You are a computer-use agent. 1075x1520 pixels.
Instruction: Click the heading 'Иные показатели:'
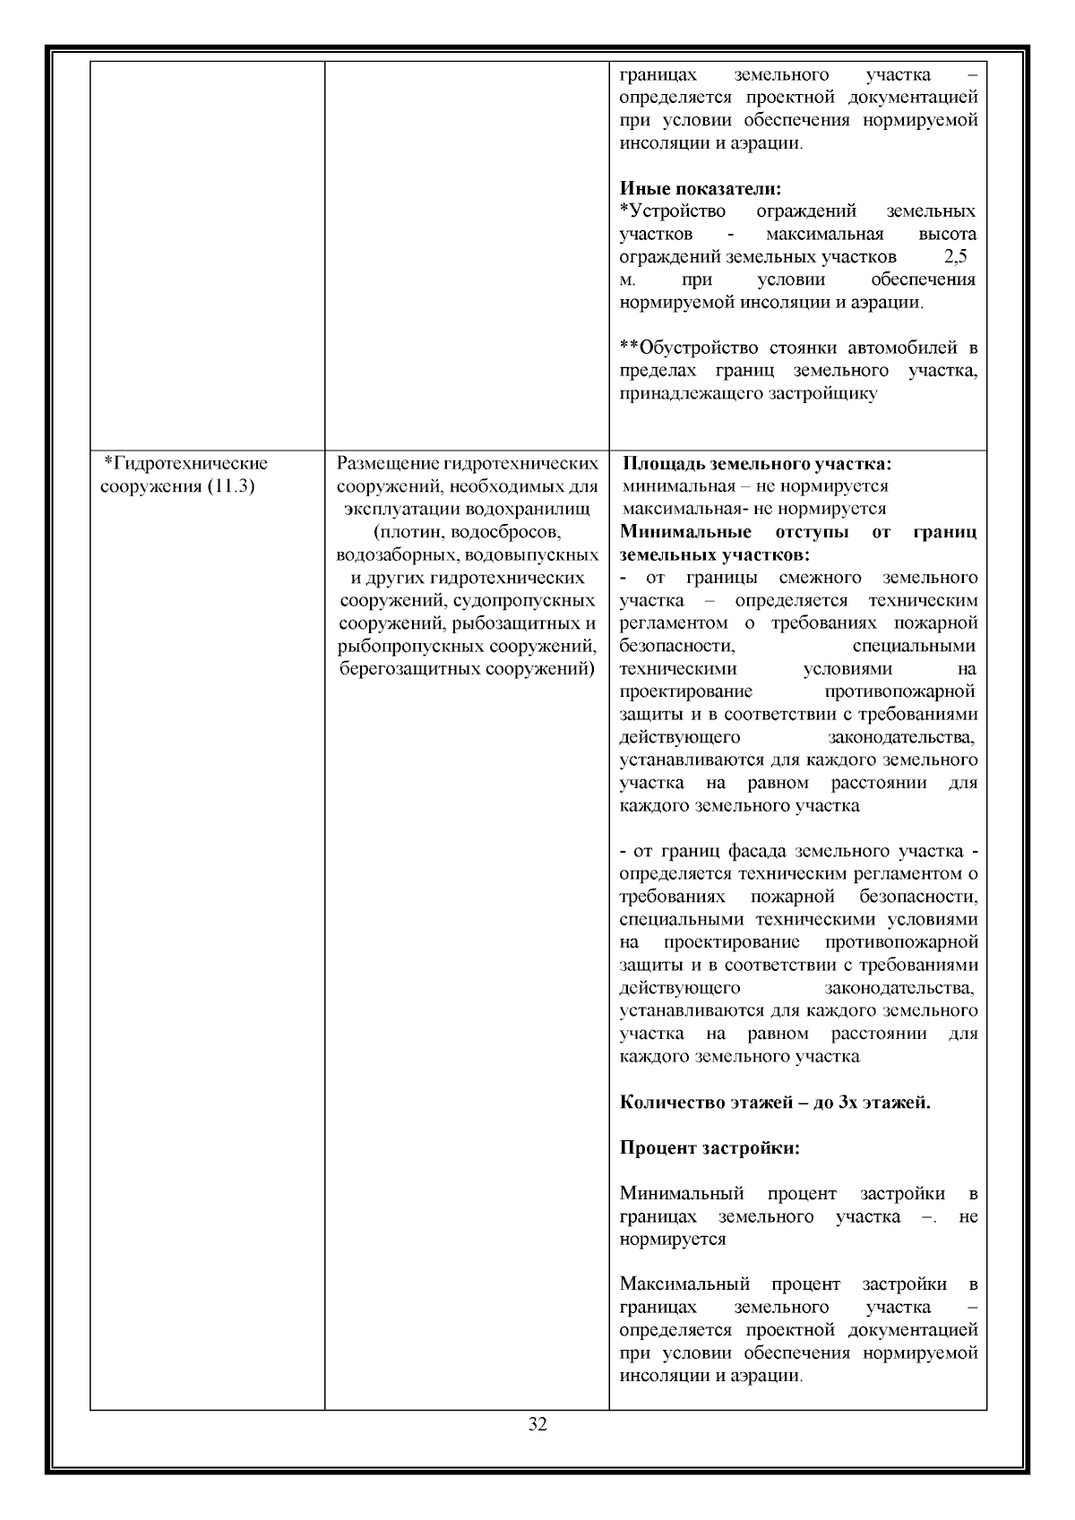coord(701,189)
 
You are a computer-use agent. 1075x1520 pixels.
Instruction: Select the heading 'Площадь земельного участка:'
coord(757,464)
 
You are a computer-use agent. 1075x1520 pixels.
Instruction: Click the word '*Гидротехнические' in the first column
coord(186,464)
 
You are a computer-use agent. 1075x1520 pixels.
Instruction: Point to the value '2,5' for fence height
coord(956,257)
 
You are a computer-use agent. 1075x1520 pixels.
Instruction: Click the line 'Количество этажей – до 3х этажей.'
coord(775,1102)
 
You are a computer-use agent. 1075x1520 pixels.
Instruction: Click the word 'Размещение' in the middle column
coord(387,464)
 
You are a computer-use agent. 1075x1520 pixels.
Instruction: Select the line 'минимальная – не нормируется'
coord(755,486)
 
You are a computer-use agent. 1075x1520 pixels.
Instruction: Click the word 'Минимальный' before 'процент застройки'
coord(682,1194)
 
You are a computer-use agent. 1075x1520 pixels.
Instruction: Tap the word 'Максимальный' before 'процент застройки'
coord(684,1285)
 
